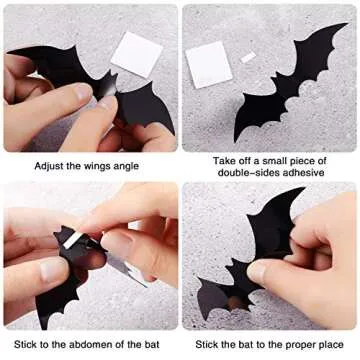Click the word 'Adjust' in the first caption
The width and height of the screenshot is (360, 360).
pos(49,166)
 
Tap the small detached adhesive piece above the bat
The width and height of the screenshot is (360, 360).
pos(247,57)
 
